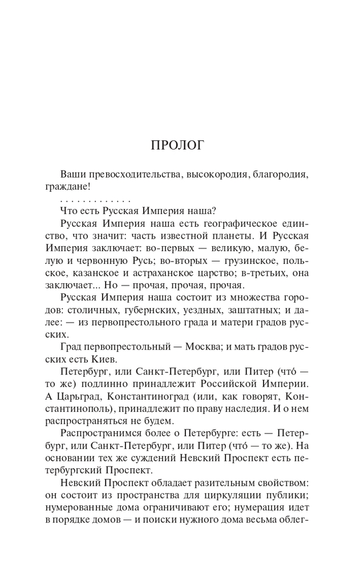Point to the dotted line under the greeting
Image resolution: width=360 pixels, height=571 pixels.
(95, 201)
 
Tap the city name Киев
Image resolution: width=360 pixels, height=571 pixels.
(106, 359)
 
